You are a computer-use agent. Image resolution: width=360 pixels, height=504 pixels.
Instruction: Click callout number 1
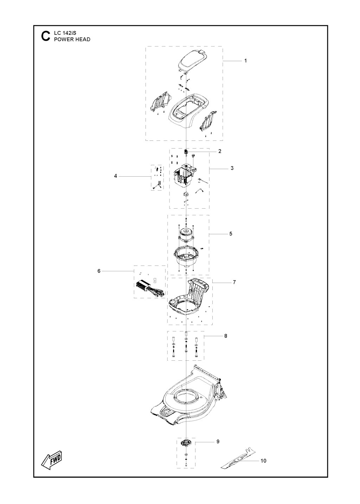click(x=245, y=61)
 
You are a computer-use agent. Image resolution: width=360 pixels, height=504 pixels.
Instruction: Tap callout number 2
click(x=220, y=151)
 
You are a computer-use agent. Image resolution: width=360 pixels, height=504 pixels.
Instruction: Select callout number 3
click(x=232, y=168)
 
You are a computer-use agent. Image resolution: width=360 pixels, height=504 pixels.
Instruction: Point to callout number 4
click(x=116, y=176)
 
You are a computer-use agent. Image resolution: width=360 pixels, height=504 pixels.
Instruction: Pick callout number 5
click(x=231, y=234)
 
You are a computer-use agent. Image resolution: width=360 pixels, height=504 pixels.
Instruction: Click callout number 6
click(x=99, y=271)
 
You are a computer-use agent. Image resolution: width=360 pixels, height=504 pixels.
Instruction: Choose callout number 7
click(x=234, y=282)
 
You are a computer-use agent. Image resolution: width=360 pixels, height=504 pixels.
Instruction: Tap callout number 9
click(x=218, y=442)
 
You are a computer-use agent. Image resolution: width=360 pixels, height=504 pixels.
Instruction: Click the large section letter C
click(x=46, y=36)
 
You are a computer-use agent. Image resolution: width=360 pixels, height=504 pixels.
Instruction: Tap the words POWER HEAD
click(x=72, y=39)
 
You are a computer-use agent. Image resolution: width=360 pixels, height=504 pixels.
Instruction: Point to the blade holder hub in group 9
click(x=186, y=444)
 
